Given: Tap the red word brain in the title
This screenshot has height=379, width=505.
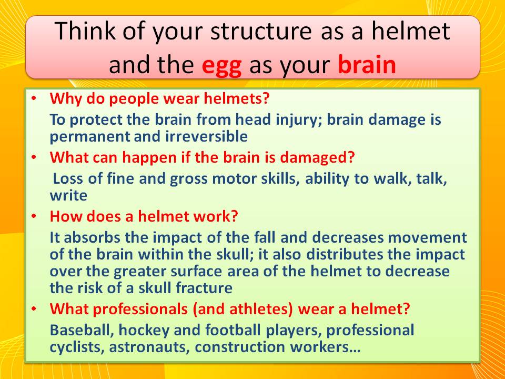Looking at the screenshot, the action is (367, 64).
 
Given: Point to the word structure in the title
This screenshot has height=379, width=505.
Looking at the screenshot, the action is (261, 32).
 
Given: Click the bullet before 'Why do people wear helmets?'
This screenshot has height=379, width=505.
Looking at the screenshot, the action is (34, 98).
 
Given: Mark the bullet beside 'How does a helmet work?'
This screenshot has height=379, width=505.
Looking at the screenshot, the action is (34, 216).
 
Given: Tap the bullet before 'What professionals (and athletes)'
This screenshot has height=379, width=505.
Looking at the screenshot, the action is (34, 309).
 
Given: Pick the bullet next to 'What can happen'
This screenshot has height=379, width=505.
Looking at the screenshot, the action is (34, 157).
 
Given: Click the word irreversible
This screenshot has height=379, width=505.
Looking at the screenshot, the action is (206, 136).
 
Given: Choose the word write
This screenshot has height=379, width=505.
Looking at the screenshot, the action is (68, 195).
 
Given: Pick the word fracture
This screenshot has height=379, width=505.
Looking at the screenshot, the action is (204, 288).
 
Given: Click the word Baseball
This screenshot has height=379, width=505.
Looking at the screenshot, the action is (82, 330).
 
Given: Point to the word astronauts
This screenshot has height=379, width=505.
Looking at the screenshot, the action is (149, 347).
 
